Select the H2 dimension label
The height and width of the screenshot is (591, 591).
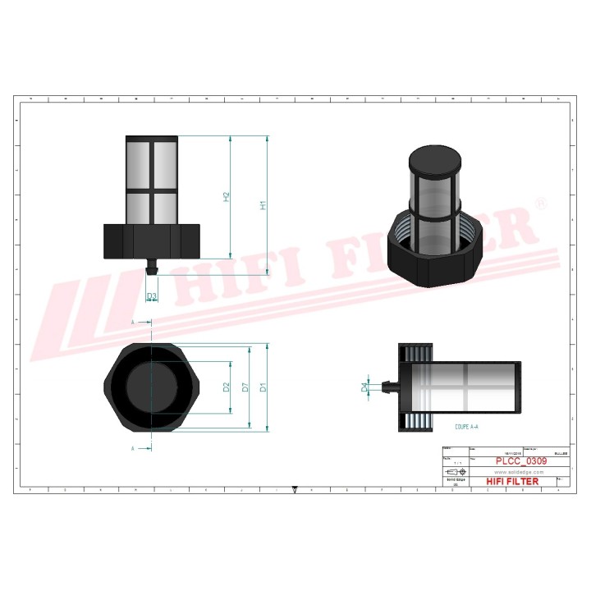(x=227, y=197)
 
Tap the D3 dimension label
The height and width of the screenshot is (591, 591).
(x=152, y=295)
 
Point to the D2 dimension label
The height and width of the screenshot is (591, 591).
(x=227, y=387)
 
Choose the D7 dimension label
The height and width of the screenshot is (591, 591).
(x=245, y=387)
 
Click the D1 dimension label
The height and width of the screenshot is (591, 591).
(x=263, y=387)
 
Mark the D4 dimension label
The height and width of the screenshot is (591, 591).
(x=365, y=387)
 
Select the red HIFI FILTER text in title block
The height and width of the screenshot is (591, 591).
(x=512, y=482)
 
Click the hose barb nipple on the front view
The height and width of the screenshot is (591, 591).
(x=151, y=268)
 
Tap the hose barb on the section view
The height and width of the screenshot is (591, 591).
(x=389, y=384)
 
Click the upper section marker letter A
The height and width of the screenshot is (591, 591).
(x=132, y=323)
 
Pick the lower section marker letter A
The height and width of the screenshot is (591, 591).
(x=132, y=448)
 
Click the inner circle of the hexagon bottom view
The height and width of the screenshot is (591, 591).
(x=151, y=386)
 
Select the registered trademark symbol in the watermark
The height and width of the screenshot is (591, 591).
(x=540, y=202)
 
